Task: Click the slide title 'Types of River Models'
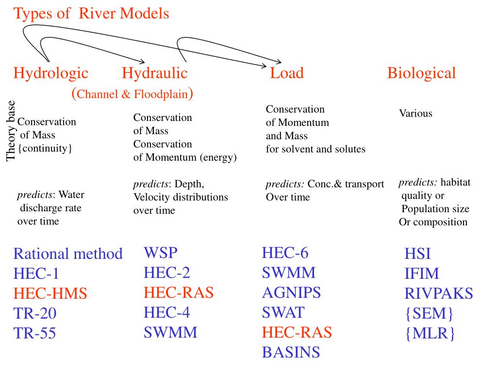coord(91,14)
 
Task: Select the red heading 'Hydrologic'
coord(51,73)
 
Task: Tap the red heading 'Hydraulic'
coord(154,73)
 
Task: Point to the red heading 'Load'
coord(287,73)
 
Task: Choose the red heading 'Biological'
coord(421,73)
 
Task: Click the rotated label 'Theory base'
coord(11,130)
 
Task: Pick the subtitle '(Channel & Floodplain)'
coord(133,93)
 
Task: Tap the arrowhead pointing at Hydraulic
coord(143,61)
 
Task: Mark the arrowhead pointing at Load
coord(279,62)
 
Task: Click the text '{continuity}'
coord(45,148)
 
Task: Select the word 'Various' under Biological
coord(415,114)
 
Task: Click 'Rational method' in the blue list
coord(68,254)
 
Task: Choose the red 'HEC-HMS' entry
coord(50,293)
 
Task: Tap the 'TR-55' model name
coord(34,333)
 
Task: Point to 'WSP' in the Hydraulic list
coord(161,253)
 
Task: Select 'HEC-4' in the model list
coord(167,312)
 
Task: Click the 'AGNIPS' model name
coord(291,292)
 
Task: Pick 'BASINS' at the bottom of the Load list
coord(291,352)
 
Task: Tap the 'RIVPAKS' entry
coord(439,293)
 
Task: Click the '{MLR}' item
coord(430,334)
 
